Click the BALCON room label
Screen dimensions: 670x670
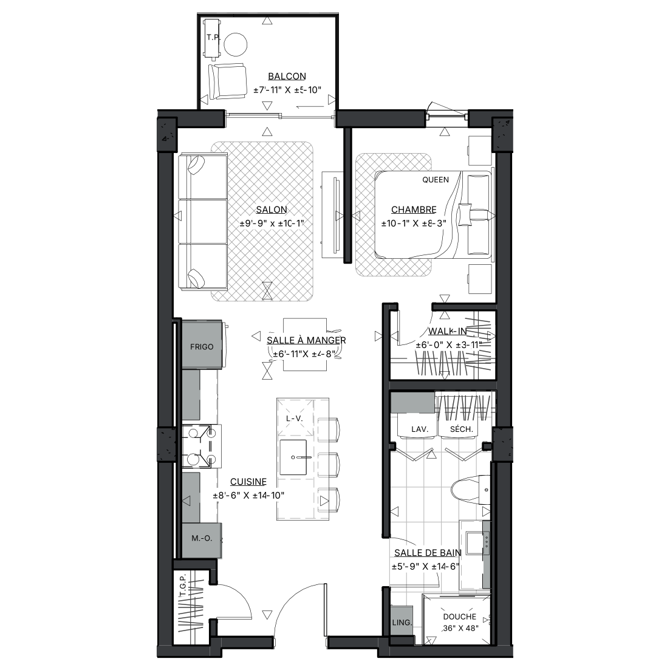click(x=287, y=76)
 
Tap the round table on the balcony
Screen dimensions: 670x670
click(x=236, y=44)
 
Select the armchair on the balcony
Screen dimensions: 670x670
click(x=227, y=81)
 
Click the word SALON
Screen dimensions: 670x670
click(x=272, y=210)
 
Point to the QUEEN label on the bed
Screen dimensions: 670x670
click(x=436, y=180)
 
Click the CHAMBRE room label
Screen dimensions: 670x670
click(x=414, y=210)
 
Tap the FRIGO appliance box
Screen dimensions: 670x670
click(x=202, y=344)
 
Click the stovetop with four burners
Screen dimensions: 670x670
click(x=202, y=446)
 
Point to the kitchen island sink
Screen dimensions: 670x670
click(x=293, y=457)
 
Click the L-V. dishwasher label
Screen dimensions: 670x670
click(x=294, y=419)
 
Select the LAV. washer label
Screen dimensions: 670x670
click(x=420, y=429)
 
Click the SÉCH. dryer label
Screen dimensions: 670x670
click(x=461, y=429)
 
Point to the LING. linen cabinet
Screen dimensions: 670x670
click(x=402, y=623)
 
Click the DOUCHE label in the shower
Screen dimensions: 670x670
click(x=459, y=617)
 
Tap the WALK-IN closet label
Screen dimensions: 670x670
click(x=448, y=331)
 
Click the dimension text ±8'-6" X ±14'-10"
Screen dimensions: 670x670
click(x=248, y=496)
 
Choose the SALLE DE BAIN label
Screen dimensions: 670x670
click(x=428, y=553)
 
